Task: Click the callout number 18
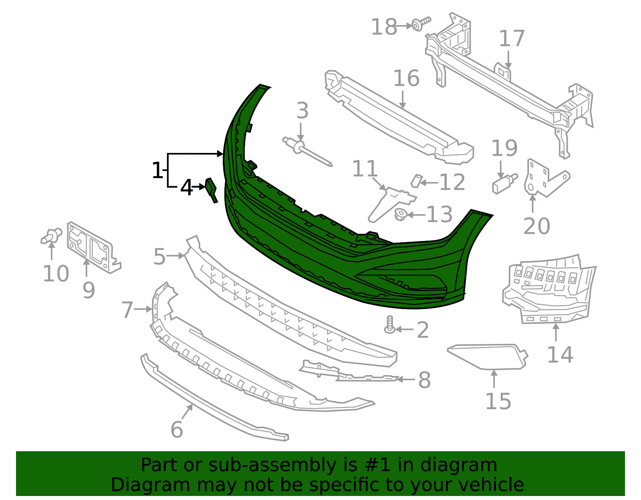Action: pos(383,27)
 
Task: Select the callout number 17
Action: pos(512,39)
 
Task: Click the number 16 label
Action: pos(406,78)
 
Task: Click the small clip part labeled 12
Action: pos(416,181)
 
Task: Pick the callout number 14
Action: pos(560,355)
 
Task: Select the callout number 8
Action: pos(424,380)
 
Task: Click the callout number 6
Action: pos(177,430)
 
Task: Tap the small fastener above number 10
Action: pos(51,236)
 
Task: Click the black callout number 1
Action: pos(157,171)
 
